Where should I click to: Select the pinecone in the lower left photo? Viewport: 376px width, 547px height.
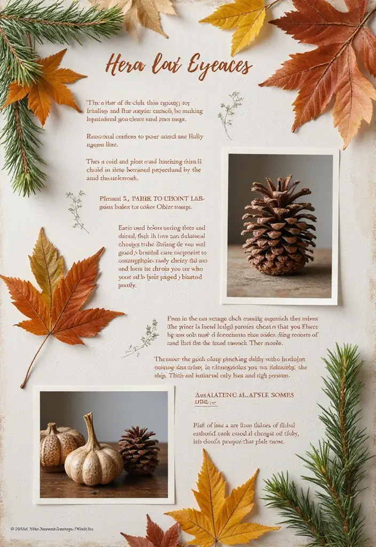tap(139, 450)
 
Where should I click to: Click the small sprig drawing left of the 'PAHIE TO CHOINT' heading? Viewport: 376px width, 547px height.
tap(76, 210)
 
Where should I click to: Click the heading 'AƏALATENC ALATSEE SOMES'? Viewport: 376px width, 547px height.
tap(244, 395)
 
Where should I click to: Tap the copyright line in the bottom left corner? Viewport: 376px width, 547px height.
tap(52, 529)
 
